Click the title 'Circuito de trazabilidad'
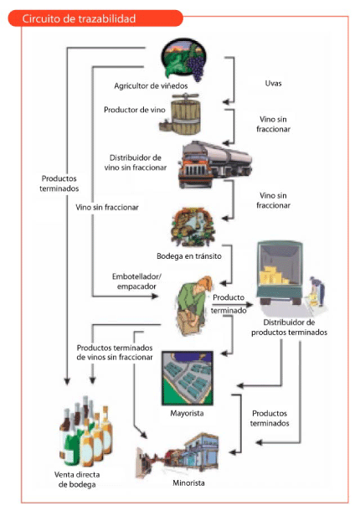(x=79, y=18)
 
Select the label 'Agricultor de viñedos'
(x=151, y=86)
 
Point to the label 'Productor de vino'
(x=135, y=110)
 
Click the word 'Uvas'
(x=273, y=83)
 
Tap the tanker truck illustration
(x=215, y=164)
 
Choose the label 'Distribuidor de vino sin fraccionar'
(x=136, y=162)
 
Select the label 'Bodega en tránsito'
(x=189, y=256)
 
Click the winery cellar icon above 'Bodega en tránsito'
(x=193, y=227)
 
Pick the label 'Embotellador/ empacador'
(x=136, y=281)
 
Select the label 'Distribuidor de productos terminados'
(x=290, y=328)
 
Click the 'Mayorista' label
(x=187, y=413)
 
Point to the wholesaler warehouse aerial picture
(x=188, y=378)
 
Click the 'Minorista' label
(x=188, y=482)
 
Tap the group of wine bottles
(x=85, y=431)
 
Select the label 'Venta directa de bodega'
(x=77, y=479)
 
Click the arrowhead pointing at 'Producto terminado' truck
(x=249, y=304)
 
